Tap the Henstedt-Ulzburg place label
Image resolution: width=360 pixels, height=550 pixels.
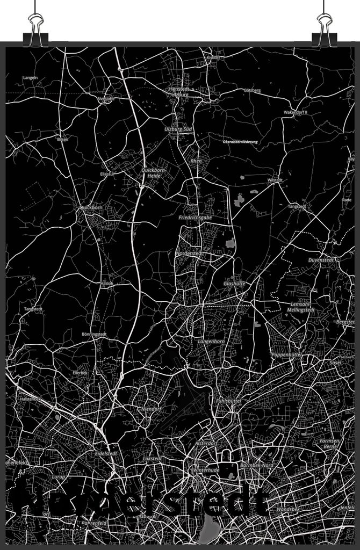(179, 92)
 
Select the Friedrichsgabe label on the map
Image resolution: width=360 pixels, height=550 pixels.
(196, 218)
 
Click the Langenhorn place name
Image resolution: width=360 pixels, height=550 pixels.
(211, 342)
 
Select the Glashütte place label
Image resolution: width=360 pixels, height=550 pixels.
(234, 284)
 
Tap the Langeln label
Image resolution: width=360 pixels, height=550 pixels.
(30, 77)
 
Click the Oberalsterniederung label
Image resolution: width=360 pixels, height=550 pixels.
(240, 142)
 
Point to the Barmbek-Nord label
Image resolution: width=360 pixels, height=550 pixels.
(257, 465)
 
